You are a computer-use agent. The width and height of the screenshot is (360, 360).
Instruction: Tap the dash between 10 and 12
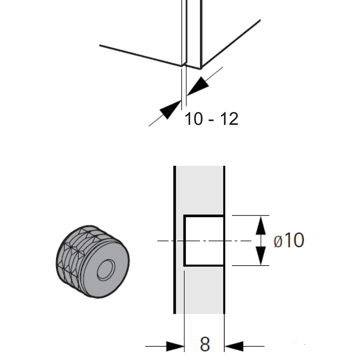pyautogui.click(x=211, y=120)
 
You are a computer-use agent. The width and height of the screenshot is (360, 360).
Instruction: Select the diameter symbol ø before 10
pyautogui.click(x=278, y=241)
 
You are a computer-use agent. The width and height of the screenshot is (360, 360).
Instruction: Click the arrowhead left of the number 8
pyautogui.click(x=175, y=346)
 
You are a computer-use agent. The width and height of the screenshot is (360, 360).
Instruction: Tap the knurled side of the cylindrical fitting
pyautogui.click(x=72, y=255)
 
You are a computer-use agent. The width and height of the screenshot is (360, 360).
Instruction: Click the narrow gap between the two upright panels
pyautogui.click(x=184, y=30)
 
